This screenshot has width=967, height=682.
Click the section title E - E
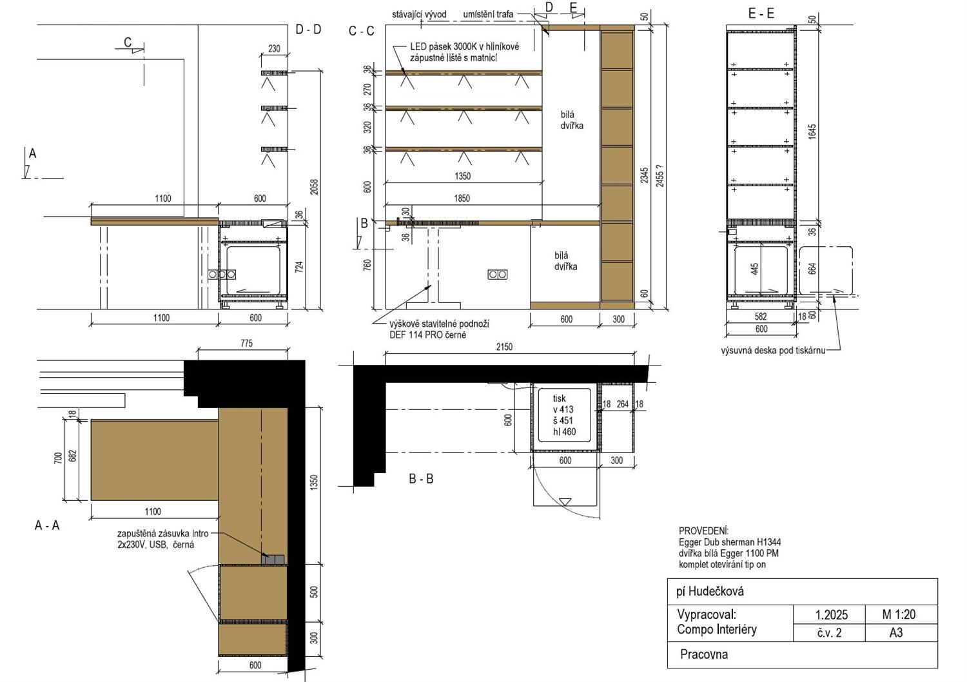click(761, 14)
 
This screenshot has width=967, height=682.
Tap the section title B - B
click(421, 479)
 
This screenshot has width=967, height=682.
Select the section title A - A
click(47, 525)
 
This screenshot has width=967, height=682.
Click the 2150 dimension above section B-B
click(503, 347)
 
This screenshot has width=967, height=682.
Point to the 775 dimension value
click(246, 344)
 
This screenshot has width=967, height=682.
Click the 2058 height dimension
click(315, 187)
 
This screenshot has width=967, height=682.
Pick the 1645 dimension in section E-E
click(812, 132)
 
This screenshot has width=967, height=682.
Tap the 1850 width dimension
click(462, 198)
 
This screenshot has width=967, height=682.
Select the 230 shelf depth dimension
click(274, 49)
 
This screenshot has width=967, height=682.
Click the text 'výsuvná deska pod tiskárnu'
click(773, 351)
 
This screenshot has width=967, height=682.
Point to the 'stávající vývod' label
click(419, 14)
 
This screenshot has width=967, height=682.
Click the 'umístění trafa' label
click(488, 14)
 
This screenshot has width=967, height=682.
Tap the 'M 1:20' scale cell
click(899, 614)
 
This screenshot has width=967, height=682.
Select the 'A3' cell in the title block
click(896, 633)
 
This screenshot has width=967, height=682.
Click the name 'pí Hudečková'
click(710, 591)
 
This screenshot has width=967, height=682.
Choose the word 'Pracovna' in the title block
click(704, 654)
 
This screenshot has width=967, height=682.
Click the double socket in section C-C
click(497, 274)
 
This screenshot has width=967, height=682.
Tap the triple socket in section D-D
click(222, 274)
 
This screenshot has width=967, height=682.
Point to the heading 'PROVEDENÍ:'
click(704, 531)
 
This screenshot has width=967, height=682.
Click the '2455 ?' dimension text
click(659, 176)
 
